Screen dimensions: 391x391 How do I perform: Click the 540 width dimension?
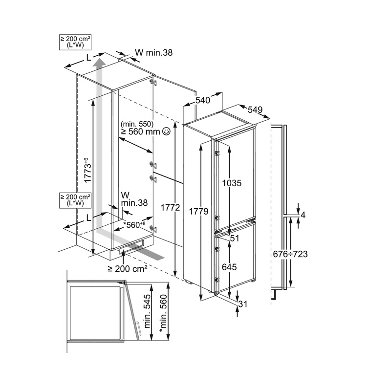click(x=202, y=100)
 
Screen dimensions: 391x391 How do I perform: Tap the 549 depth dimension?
click(x=255, y=109)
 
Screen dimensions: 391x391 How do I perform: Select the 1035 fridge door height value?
click(x=232, y=183)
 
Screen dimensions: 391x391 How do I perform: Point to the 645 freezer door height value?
click(x=229, y=267)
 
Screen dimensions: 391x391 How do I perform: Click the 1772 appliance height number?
click(x=170, y=207)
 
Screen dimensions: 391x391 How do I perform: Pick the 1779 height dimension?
click(x=198, y=212)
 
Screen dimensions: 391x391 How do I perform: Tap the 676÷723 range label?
click(x=290, y=254)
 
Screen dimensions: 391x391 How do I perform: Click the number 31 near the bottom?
click(x=243, y=304)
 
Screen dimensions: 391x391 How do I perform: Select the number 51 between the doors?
click(x=235, y=239)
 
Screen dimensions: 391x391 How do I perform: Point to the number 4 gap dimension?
click(x=303, y=215)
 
